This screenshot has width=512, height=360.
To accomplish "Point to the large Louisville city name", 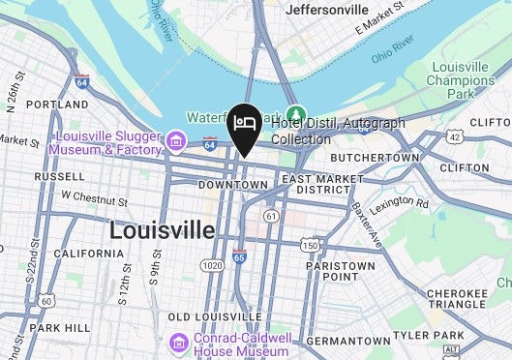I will pos(162,230).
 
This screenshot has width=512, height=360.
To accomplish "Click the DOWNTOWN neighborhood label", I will pos(231,185).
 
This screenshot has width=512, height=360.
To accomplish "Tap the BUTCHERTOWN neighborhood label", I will pos(375,157).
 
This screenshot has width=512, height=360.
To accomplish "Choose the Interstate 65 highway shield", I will pos(239,256).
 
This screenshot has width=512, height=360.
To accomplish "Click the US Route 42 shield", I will pos(456,137).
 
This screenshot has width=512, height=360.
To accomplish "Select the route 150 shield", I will pos(309,246).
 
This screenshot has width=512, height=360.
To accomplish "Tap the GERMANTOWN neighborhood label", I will pos(346,341).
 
